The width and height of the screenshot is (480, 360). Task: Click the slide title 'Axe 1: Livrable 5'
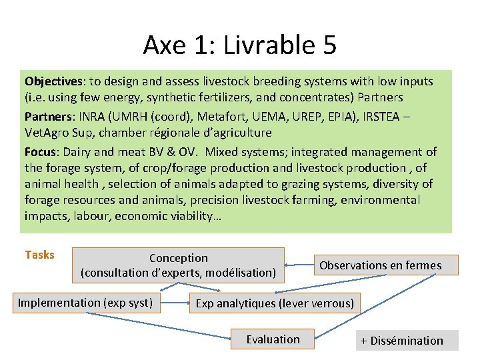pos(239,45)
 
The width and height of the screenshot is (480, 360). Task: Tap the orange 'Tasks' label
pos(39,255)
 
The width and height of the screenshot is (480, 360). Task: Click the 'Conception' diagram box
pos(178,265)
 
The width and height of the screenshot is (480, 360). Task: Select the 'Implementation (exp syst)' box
pos(85,303)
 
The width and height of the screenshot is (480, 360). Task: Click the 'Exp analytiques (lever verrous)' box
pos(274,303)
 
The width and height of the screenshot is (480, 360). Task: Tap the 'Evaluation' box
pos(273,339)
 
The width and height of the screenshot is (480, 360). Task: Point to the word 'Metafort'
pos(200,117)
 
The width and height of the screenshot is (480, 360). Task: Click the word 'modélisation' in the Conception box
pos(240,272)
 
